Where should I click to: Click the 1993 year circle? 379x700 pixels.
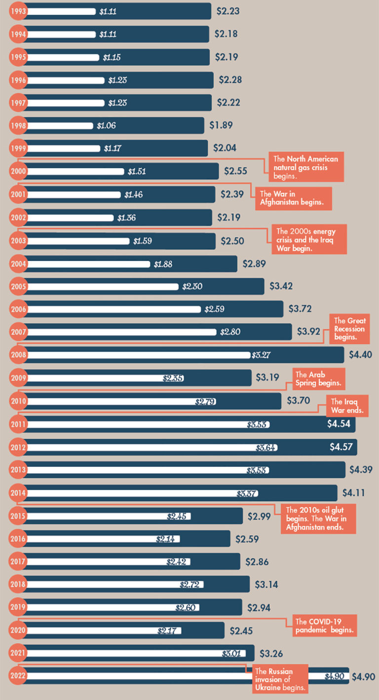coord(18,11)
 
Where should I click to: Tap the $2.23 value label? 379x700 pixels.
coord(228,11)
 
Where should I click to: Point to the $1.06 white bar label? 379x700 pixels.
coord(106,125)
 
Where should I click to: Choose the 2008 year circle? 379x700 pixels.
coord(18,354)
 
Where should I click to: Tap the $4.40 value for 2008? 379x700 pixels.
coord(361,354)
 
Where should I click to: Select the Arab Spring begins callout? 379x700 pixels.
coord(319,379)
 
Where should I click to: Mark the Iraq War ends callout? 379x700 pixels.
coord(347,406)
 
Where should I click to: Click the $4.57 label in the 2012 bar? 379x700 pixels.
coord(342,447)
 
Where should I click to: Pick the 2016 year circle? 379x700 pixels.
coord(18,538)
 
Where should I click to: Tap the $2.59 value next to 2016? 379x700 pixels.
coord(247,538)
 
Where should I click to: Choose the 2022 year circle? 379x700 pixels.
coord(18,676)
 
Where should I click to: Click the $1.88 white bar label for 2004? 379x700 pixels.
coord(163,264)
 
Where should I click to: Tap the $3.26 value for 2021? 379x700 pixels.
coord(271,653)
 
